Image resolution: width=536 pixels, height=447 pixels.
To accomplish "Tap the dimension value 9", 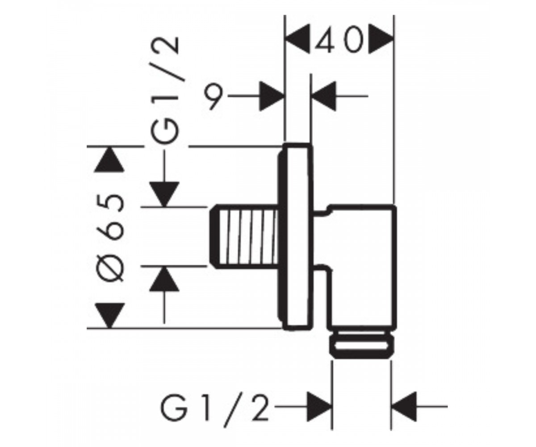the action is [214, 97].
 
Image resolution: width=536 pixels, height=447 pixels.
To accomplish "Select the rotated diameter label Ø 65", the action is [110, 237].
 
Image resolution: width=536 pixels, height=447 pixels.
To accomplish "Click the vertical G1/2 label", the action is [164, 90].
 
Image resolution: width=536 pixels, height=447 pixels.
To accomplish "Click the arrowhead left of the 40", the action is [298, 39].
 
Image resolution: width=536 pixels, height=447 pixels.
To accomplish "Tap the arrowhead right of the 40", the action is [381, 39].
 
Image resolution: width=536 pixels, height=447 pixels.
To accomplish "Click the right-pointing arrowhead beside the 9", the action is [272, 97].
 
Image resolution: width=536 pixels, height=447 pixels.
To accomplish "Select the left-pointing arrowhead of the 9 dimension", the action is [323, 97].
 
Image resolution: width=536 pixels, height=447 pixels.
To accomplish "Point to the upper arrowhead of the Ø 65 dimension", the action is [109, 159].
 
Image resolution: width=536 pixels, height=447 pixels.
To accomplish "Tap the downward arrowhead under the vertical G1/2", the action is [164, 194].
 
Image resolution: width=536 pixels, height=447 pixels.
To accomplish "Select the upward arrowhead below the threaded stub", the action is [164, 279].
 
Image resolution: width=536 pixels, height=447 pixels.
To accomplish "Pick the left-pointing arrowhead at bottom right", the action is [404, 407].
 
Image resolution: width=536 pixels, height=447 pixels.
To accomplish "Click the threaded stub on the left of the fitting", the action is [244, 236].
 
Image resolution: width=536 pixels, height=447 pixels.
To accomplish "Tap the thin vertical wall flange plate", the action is [296, 236].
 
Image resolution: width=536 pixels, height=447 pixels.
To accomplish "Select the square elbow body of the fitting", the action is [362, 267].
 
